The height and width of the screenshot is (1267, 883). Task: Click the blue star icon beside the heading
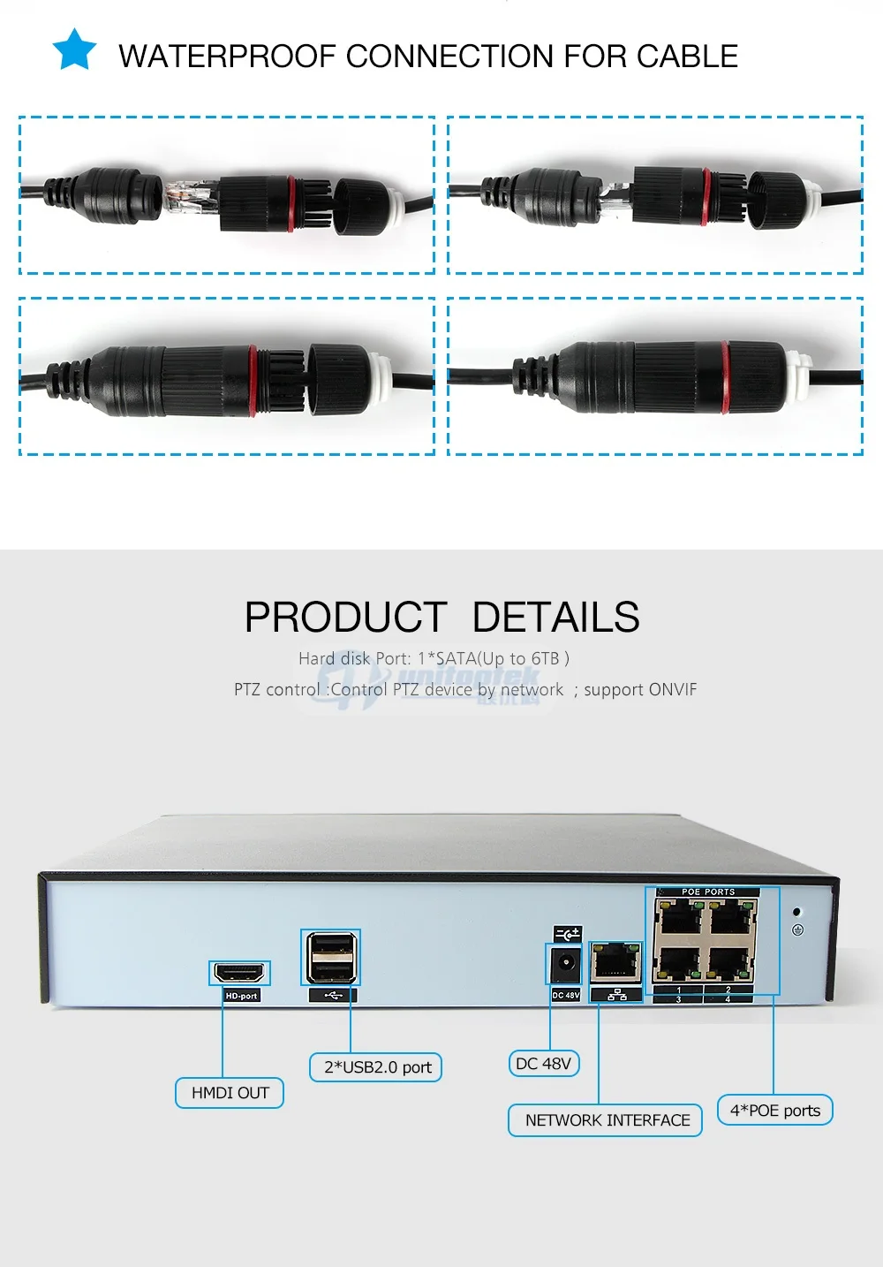74,49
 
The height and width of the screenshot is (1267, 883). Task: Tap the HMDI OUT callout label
230,1093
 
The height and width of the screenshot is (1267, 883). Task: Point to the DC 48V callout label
543,1063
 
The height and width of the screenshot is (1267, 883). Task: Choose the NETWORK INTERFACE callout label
607,1120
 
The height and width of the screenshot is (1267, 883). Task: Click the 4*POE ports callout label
774,1111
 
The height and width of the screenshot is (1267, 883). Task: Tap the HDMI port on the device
239,973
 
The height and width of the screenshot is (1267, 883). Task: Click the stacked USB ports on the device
331,957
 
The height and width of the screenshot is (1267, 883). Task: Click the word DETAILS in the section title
555,618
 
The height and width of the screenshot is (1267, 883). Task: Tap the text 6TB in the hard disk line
546,658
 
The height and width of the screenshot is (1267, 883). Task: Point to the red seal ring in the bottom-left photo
253,380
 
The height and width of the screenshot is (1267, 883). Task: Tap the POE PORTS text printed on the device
707,892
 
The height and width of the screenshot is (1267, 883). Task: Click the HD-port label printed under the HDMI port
241,996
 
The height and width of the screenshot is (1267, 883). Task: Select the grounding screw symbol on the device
797,929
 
